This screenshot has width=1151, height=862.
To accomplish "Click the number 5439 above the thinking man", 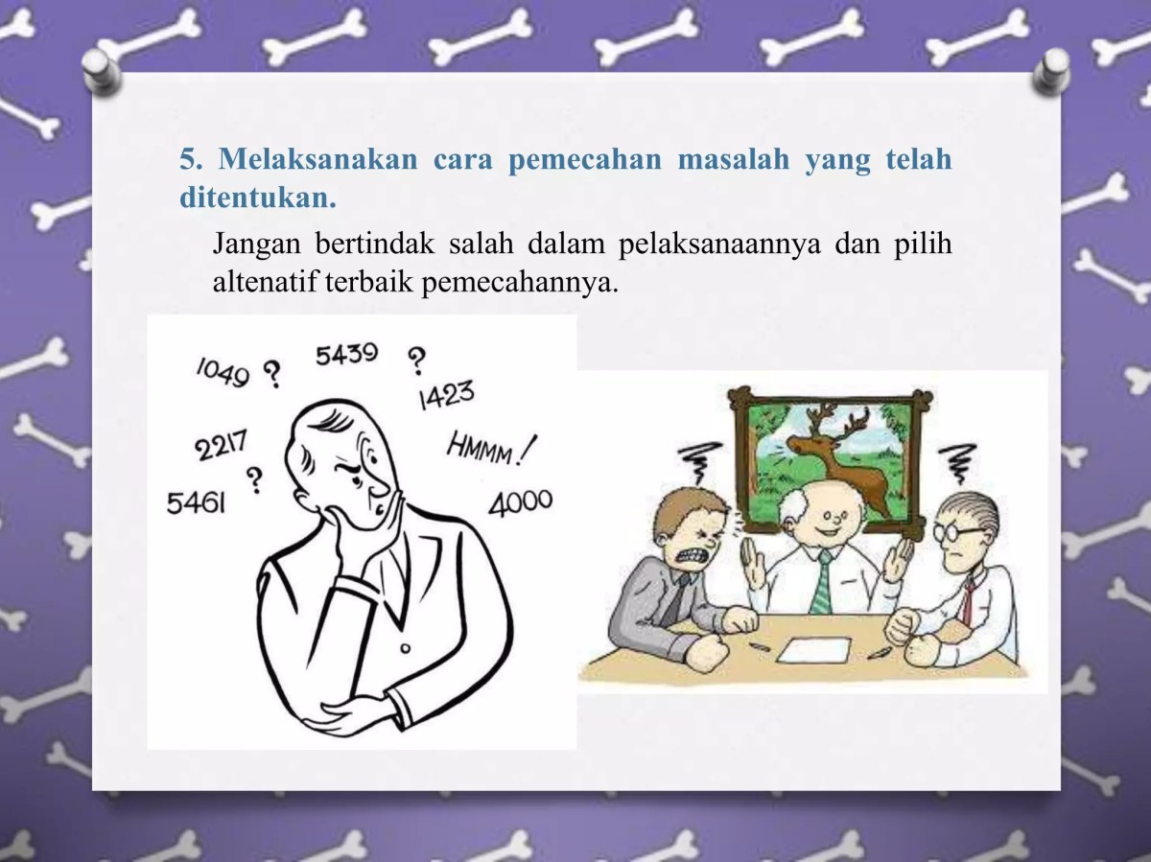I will (x=346, y=355).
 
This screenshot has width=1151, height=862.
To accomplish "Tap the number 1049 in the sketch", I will (x=223, y=370).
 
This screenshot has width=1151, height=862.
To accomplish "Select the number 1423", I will (x=446, y=394).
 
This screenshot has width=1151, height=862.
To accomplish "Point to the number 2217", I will (x=222, y=446).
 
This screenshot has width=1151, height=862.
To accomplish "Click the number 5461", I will (x=196, y=501).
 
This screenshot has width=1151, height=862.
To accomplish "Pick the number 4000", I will (x=521, y=501).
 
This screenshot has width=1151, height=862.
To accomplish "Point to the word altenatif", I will (x=264, y=283).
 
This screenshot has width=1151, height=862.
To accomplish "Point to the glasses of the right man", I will (x=959, y=532).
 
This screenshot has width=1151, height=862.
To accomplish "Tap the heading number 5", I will (x=188, y=159).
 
